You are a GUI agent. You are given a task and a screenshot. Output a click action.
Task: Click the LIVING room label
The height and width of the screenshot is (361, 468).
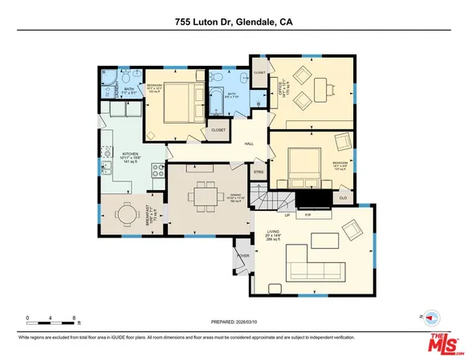(x=273, y=233)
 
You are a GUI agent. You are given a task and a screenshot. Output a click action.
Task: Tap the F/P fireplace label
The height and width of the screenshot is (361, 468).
(x=307, y=215)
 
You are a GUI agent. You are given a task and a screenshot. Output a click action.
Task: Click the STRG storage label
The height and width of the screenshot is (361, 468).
(x=258, y=171)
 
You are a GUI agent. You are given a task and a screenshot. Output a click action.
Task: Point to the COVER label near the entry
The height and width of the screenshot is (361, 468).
(x=242, y=256)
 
